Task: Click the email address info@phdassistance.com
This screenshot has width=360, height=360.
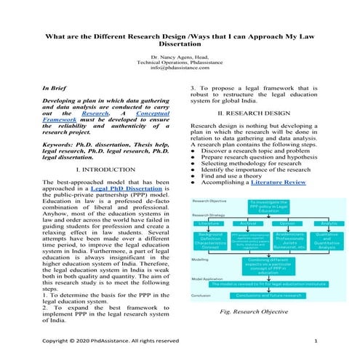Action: pos(180,68)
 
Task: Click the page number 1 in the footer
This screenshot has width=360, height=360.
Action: pos(316,341)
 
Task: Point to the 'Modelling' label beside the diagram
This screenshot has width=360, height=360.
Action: pos(201,258)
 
